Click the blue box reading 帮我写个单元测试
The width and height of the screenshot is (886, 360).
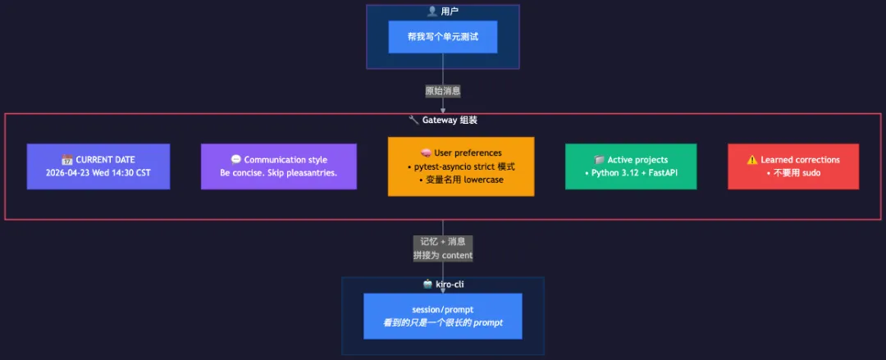[442, 37]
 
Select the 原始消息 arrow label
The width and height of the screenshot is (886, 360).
[443, 91]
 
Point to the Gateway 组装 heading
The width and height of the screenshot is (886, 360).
[450, 120]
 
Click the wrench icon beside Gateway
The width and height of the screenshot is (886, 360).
[413, 120]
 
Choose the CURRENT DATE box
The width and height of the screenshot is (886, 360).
[98, 166]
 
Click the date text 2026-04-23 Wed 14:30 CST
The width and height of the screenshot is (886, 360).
[98, 173]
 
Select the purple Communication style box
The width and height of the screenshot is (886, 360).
[279, 166]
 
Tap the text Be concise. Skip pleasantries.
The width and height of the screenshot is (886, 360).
[279, 173]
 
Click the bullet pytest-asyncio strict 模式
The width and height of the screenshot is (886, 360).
[461, 166]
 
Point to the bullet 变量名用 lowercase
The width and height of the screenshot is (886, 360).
[461, 180]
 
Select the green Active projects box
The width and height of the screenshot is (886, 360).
[631, 166]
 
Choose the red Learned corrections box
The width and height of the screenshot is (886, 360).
[793, 166]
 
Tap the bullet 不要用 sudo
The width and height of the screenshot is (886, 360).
[793, 173]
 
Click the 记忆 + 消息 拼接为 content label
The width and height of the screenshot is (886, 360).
[443, 248]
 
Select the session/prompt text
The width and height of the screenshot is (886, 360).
[443, 309]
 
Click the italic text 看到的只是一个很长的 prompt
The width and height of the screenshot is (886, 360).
[443, 322]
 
